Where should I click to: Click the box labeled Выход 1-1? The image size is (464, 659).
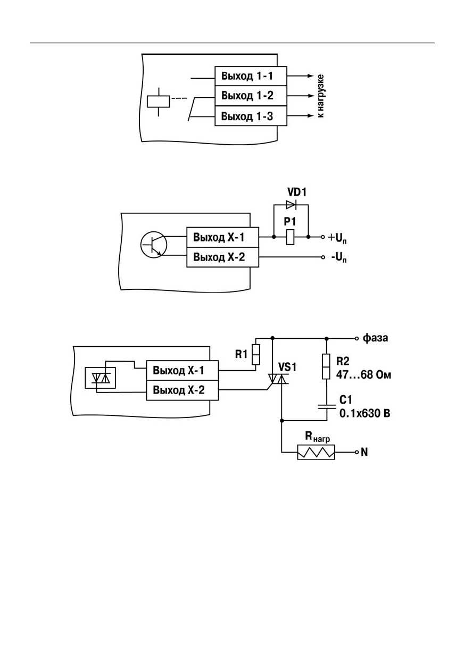[x=251, y=76]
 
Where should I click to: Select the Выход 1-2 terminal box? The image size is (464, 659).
[x=251, y=96]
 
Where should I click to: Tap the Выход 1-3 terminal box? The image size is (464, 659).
[x=251, y=116]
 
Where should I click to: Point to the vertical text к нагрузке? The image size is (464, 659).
[x=321, y=96]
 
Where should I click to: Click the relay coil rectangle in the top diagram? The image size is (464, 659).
[x=159, y=102]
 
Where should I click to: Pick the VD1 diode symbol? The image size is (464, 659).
[x=291, y=205]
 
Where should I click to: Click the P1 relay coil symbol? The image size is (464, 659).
[x=291, y=237]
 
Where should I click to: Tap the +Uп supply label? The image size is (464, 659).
[x=337, y=238]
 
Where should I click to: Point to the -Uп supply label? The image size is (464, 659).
[x=338, y=258]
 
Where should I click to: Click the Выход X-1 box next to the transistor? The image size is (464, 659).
[x=222, y=237]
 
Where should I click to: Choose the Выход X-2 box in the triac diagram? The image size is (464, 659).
[x=182, y=390]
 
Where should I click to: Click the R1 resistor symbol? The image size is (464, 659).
[x=256, y=354]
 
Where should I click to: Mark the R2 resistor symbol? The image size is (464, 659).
[x=326, y=366]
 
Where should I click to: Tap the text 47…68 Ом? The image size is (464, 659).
[x=363, y=375]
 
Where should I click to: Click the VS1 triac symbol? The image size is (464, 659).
[x=278, y=379]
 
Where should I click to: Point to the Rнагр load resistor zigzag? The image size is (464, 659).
[x=316, y=452]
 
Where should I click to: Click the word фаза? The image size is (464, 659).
[x=375, y=338]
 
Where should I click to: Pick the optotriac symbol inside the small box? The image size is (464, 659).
[x=101, y=378]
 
